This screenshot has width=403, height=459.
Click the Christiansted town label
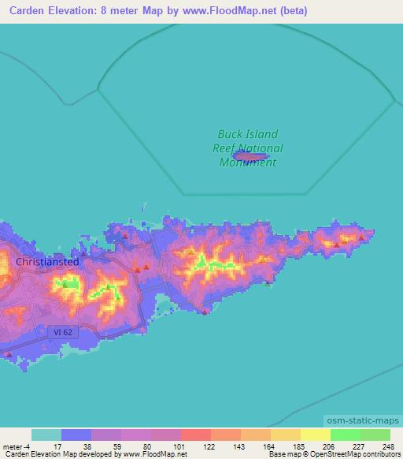pyautogui.click(x=47, y=261)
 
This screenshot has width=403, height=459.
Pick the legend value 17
pyautogui.click(x=56, y=446)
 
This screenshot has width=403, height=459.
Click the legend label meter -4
pyautogui.click(x=16, y=446)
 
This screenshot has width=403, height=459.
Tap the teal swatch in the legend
pyautogui.click(x=46, y=435)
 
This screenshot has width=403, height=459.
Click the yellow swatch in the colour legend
pyautogui.click(x=316, y=435)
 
